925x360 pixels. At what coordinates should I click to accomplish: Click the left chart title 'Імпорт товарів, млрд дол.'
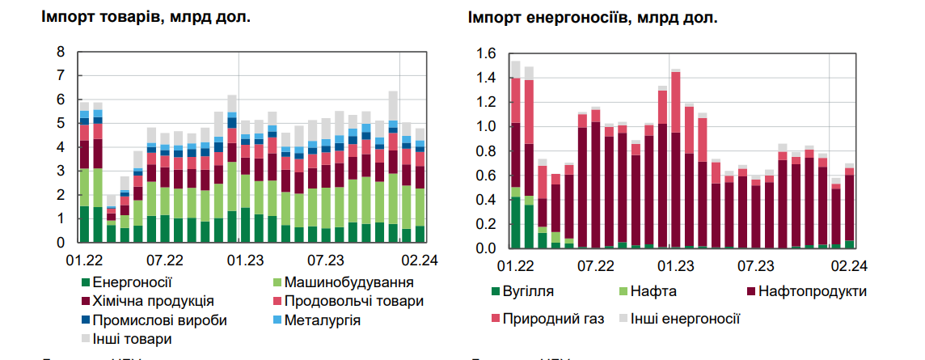pos(146,18)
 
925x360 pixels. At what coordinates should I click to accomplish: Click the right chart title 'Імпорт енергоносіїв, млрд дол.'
pos(593,18)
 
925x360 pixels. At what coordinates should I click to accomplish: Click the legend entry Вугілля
pos(530,291)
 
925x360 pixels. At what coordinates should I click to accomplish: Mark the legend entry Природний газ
pos(553,318)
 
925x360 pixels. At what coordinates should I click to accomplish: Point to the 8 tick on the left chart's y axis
pos(60,53)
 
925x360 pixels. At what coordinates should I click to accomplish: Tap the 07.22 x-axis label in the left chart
pos(163,260)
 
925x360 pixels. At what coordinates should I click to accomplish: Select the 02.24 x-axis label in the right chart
pos(850,265)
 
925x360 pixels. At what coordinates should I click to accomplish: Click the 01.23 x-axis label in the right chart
pos(677,265)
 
